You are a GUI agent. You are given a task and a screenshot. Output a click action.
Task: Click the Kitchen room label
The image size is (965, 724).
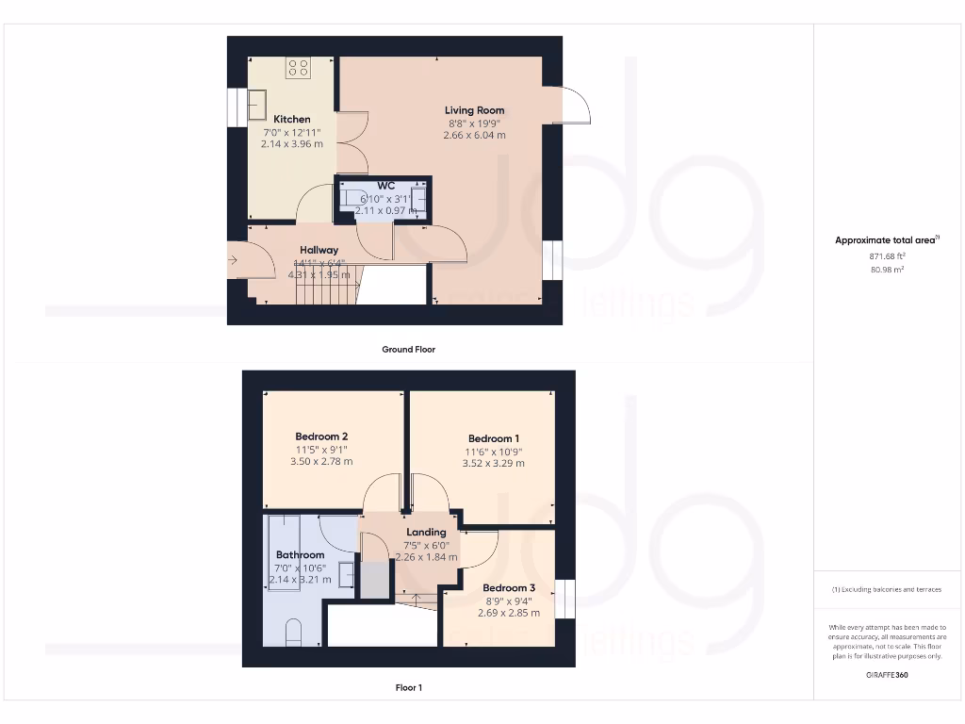coord(292,120)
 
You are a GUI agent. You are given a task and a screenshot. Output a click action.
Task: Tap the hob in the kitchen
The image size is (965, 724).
coord(299,67)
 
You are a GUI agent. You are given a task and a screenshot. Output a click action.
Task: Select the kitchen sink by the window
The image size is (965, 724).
coord(257,104)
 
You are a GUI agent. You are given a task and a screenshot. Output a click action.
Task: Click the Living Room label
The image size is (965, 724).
coord(474,110)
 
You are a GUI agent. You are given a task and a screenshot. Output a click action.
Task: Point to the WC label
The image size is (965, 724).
coord(385,186)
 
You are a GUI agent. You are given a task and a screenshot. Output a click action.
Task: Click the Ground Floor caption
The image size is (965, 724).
coord(408,349)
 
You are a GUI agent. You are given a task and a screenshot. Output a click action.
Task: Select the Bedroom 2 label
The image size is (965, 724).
coord(321,436)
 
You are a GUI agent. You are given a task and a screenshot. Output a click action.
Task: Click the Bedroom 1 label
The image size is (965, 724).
coord(493,438)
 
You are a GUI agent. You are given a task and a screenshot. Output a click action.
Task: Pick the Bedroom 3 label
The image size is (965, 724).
coord(509,588)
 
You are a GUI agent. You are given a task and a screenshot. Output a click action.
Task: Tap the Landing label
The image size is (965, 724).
coord(426,533)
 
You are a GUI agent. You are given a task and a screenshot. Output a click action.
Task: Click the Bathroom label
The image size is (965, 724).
coord(300,555)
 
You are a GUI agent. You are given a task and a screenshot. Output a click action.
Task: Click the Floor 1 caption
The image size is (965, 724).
coord(408,688)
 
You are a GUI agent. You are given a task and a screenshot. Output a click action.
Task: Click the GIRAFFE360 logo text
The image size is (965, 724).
coord(887,675)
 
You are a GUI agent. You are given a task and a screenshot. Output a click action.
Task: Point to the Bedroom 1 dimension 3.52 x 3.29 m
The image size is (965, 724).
coord(493,463)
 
